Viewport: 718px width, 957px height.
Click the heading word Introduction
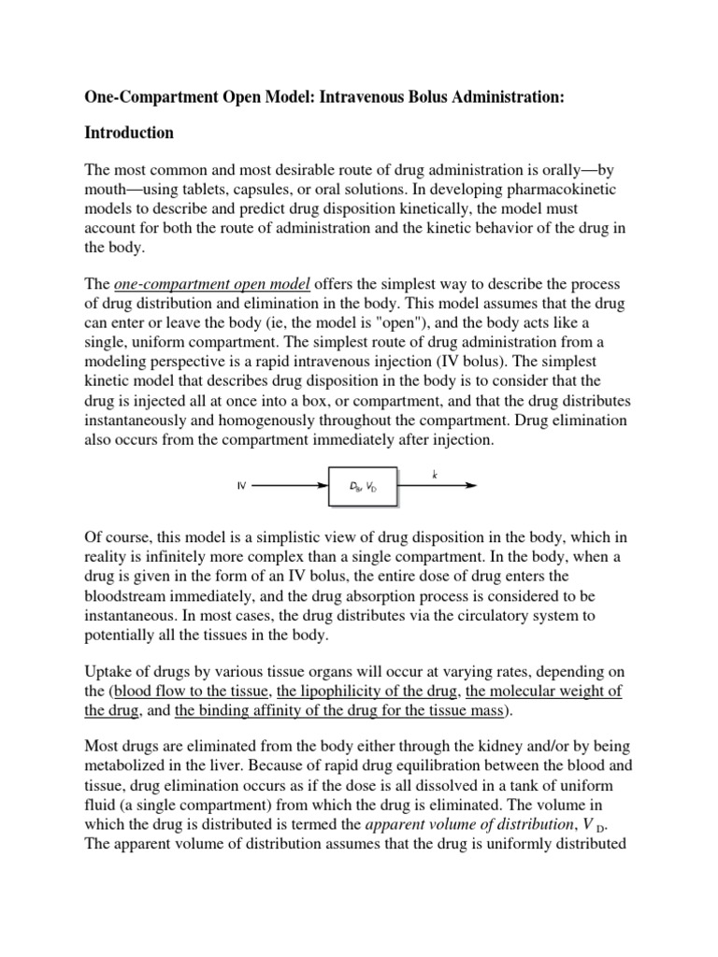tap(129, 133)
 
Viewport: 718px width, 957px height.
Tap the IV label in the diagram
tap(240, 487)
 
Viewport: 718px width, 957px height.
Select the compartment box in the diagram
tap(364, 487)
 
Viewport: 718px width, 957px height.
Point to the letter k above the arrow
tap(435, 475)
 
